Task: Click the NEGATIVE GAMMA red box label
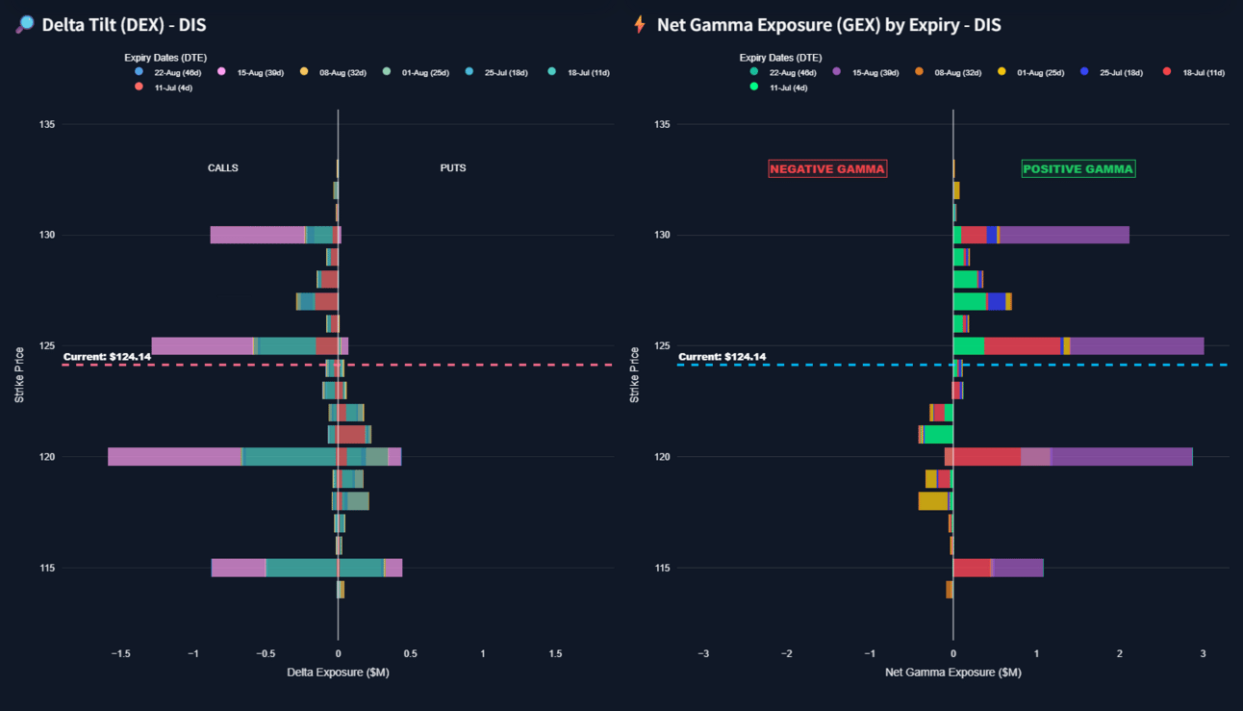827,168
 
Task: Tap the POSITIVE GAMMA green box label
1078,168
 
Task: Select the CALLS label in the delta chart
223,167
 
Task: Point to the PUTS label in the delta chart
452,167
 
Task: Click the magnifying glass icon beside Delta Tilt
25,25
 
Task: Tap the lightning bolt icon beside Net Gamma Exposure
640,25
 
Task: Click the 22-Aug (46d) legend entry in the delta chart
168,73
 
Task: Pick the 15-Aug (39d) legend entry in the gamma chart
871,73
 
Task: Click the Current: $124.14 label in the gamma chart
722,357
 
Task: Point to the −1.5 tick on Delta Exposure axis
120,653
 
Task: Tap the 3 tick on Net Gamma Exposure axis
1203,653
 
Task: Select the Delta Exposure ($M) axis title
338,673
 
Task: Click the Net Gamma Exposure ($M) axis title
952,673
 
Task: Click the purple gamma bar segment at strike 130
1064,235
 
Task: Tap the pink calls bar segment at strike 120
174,457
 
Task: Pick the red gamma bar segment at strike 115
972,568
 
